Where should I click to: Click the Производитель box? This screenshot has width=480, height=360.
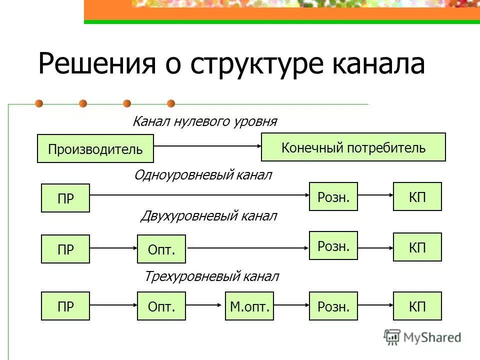tap(95, 148)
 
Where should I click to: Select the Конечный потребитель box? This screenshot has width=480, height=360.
tap(353, 147)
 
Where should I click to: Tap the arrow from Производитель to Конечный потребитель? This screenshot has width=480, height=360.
tap(207, 146)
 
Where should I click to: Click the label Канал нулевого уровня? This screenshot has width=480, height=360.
tap(204, 121)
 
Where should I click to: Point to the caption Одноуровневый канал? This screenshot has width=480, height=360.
tap(203, 175)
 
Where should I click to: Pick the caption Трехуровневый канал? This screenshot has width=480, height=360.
tap(211, 276)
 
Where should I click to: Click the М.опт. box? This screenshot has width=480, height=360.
tap(249, 306)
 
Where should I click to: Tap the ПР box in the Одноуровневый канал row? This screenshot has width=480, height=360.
tap(65, 198)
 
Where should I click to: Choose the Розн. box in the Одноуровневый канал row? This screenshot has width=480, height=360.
tap(333, 196)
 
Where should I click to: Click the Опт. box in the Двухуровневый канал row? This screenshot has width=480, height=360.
tap(161, 249)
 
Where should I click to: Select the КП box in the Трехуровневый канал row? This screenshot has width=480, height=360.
tap(417, 306)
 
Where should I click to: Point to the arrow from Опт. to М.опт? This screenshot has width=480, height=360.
tap(205, 305)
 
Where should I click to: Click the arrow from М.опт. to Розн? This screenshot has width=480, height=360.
tap(292, 305)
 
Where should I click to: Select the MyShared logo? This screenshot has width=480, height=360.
tap(422, 337)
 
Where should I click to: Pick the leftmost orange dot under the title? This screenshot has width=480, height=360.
tap(39, 104)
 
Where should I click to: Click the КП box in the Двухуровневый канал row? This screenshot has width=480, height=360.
tap(417, 247)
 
